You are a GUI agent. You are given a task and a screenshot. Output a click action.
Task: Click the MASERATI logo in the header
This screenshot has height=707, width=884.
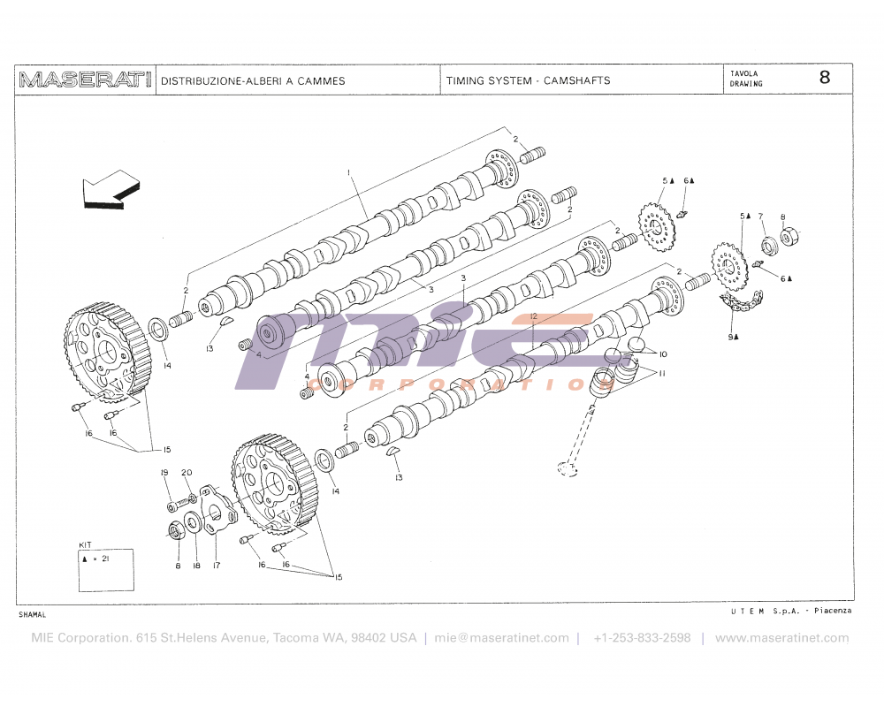coord(85,80)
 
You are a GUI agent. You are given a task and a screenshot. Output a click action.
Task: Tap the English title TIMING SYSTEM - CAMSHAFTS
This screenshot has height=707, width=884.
coord(528,80)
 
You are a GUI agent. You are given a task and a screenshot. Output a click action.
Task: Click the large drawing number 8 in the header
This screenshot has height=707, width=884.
coord(824,77)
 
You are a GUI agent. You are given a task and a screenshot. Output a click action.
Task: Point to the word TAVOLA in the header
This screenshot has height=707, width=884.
coord(743,74)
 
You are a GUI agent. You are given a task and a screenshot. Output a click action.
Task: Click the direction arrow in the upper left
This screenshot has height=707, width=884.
coord(110,189)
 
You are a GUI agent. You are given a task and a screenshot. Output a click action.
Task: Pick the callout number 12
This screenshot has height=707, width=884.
coord(534,315)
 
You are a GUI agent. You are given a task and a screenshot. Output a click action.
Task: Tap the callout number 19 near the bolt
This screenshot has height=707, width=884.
coord(164,473)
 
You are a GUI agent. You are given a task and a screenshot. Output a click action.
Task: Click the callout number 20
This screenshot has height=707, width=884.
coord(187,473)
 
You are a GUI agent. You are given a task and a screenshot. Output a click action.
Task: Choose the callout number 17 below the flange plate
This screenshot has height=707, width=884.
coord(216,566)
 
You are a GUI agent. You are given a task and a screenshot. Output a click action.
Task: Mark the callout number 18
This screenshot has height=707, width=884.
coord(196,566)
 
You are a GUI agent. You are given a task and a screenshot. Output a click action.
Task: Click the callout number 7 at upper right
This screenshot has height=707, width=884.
coord(760,216)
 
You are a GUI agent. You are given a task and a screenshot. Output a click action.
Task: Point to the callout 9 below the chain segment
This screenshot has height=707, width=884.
coord(732,337)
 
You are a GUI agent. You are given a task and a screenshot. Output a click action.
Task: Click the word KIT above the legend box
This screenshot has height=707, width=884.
coord(86,544)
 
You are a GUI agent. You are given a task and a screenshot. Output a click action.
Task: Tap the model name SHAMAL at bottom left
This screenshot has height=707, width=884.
coord(32,614)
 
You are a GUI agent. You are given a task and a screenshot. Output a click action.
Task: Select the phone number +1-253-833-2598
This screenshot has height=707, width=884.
coord(642,637)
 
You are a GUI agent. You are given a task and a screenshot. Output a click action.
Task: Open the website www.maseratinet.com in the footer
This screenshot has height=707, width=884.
coord(781,637)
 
